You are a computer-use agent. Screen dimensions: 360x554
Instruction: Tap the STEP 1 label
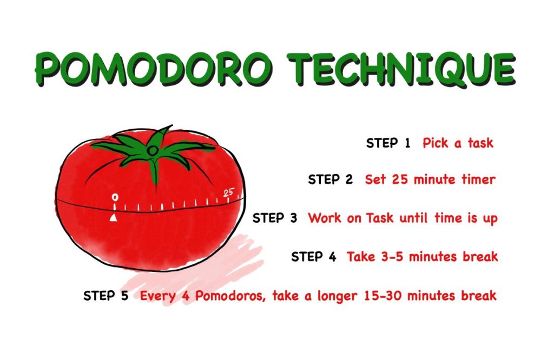[x=388, y=143]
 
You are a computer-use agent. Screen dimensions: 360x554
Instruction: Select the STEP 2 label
[x=330, y=179]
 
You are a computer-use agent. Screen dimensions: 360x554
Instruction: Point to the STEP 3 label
[x=275, y=218]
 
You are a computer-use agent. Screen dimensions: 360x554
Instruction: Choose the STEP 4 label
[x=314, y=256]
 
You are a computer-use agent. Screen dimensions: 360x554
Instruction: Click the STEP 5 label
[x=106, y=296]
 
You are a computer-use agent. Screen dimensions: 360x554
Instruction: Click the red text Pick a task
[x=458, y=143]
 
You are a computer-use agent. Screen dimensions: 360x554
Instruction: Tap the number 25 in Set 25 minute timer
[x=400, y=179]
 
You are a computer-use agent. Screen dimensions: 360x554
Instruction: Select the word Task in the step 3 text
[x=381, y=218]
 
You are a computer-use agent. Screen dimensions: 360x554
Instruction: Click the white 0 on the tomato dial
[x=114, y=197]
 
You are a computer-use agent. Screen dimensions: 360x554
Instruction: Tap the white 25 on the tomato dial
[x=228, y=192]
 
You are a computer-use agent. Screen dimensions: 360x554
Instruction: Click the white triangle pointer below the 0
[x=114, y=217]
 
